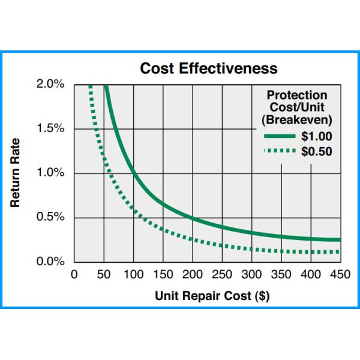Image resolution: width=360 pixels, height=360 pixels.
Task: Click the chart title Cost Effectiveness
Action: coord(209,68)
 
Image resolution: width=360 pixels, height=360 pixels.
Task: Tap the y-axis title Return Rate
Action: coord(16,173)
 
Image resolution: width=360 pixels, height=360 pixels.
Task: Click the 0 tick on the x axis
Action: coord(74,275)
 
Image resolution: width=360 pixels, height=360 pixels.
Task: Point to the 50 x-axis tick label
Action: coord(104,275)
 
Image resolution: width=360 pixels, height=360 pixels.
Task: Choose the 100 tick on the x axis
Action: coord(133,275)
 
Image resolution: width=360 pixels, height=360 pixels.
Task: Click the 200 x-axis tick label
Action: coord(192,275)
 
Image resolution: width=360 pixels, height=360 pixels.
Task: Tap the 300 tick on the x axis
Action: coord(251,275)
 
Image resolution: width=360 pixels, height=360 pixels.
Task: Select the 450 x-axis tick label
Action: coord(340,275)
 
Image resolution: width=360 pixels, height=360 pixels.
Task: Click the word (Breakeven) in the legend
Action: coord(297,120)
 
